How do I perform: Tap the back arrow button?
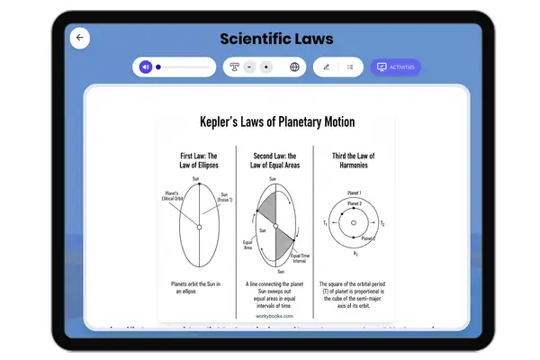[x=80, y=38]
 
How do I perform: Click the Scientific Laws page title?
[x=276, y=39]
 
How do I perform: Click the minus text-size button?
[x=248, y=67]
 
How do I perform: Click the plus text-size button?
[x=266, y=67]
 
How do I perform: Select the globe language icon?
[x=294, y=67]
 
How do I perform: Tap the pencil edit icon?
[x=326, y=67]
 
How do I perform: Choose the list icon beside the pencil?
[x=349, y=67]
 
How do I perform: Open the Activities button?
[x=395, y=67]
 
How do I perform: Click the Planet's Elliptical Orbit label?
[x=168, y=195]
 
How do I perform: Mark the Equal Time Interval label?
[x=301, y=256]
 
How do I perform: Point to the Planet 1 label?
[x=355, y=193]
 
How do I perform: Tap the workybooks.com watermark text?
[x=274, y=316]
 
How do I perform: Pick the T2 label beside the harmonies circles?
[x=382, y=223]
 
